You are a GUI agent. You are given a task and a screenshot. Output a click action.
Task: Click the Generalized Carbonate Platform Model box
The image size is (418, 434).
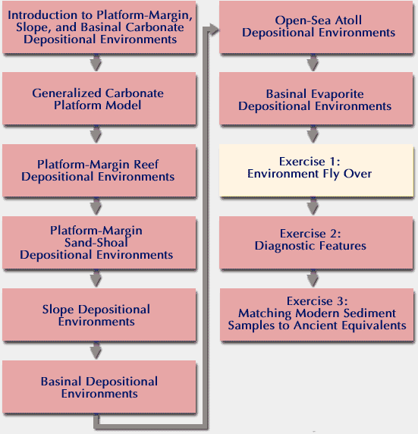click(99, 99)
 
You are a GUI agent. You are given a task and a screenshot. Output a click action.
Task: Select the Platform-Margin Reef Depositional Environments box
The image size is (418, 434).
click(99, 170)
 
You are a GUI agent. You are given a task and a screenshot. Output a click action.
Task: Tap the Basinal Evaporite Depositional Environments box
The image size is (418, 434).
click(316, 99)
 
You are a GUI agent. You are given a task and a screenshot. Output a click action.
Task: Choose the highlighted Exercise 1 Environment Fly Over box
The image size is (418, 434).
click(316, 170)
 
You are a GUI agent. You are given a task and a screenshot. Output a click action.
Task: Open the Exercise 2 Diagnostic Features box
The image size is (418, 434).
click(316, 242)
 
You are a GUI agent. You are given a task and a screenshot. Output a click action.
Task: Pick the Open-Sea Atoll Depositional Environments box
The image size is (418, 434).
click(316, 27)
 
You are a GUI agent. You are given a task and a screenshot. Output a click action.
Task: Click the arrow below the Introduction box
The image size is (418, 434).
click(96, 62)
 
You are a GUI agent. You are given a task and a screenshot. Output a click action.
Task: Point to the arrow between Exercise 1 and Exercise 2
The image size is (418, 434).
click(313, 206)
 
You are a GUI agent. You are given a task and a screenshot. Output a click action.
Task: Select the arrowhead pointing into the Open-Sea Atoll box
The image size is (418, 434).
click(213, 30)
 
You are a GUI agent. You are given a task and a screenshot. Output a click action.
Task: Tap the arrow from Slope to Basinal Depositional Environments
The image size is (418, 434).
click(96, 351)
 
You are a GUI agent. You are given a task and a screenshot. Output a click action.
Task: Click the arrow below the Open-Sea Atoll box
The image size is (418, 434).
click(313, 62)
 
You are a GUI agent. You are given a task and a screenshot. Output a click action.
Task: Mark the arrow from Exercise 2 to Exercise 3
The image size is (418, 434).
click(313, 278)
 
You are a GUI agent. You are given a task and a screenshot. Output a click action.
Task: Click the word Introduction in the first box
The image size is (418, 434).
click(42, 15)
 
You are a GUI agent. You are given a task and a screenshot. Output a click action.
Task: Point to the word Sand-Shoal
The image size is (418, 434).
click(96, 243)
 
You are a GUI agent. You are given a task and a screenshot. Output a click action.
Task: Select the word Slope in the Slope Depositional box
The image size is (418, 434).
click(58, 310)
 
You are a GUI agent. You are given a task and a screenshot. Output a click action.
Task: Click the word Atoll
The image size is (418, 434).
click(348, 20)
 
